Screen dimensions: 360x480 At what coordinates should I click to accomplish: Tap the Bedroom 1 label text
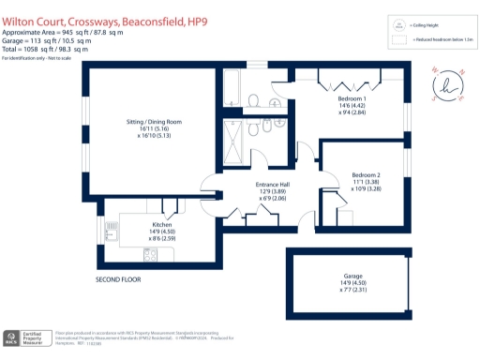(352, 98)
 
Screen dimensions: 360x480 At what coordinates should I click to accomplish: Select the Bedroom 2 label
(366, 175)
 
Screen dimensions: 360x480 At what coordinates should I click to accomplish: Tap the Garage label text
(352, 277)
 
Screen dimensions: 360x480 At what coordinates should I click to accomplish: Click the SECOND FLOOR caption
(119, 280)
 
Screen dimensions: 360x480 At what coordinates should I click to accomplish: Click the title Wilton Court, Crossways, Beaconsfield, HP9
(103, 9)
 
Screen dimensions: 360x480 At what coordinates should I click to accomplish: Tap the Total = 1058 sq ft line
(49, 49)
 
